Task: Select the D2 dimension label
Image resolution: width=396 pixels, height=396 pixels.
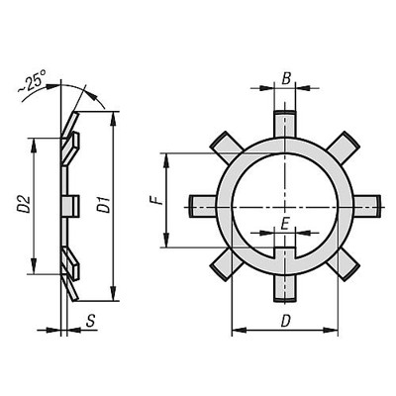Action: coord(22,206)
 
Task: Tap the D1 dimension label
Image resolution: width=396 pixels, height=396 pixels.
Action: coord(102,206)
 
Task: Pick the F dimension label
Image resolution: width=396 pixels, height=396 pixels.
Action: coord(155,202)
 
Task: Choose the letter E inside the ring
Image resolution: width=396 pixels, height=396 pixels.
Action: coord(285,225)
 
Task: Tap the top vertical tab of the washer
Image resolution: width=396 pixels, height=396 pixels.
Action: coord(286,123)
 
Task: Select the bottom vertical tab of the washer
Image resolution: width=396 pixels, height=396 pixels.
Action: coord(286,285)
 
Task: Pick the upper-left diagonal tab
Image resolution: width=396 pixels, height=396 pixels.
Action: coord(226,146)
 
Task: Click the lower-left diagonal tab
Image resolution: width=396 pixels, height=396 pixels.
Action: coord(226,263)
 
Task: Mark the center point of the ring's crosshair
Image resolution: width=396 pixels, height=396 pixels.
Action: coord(286,205)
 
